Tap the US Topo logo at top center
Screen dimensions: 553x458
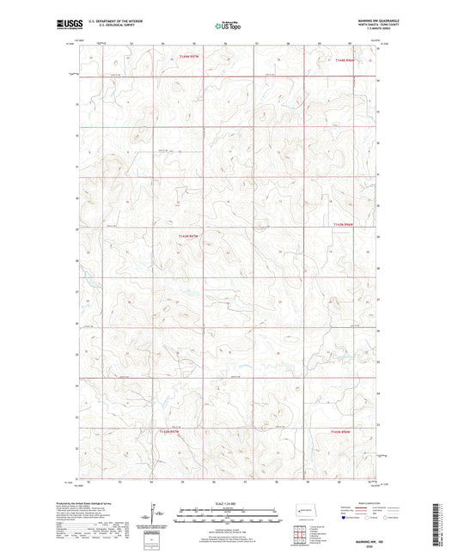[228, 26]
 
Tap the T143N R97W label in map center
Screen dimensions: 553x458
[188, 235]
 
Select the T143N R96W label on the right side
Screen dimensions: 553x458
[343, 226]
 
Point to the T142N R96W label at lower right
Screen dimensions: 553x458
[342, 431]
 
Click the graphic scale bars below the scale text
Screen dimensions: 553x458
[228, 516]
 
